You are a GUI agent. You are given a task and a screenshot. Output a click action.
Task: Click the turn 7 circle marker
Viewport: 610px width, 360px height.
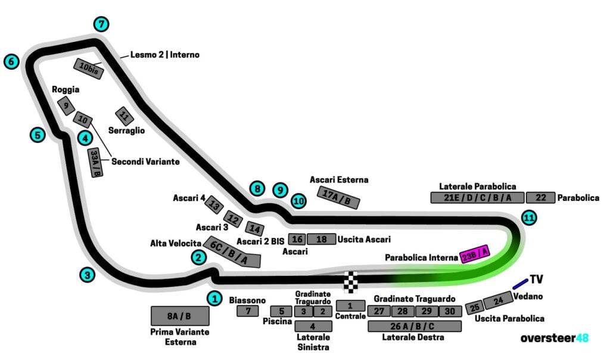tap(102, 24)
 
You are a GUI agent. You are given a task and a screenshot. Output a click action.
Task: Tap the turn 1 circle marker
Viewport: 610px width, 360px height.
tap(214, 298)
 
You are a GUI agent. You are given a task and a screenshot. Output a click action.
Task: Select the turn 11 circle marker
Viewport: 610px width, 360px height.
tap(528, 218)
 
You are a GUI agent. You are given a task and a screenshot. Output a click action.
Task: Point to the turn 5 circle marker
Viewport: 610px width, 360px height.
tap(38, 135)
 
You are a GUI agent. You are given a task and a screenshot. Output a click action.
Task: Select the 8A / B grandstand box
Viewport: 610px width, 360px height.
tap(179, 316)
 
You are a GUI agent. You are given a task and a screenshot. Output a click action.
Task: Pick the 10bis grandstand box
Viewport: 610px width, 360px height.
tap(89, 69)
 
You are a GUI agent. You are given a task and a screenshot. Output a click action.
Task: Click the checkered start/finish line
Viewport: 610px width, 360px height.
tap(352, 281)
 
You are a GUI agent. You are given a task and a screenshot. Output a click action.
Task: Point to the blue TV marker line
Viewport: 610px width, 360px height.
tap(519, 283)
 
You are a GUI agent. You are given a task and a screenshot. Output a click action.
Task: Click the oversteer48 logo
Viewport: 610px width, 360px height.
tap(554, 338)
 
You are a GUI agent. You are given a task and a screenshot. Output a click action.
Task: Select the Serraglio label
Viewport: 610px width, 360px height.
tap(126, 130)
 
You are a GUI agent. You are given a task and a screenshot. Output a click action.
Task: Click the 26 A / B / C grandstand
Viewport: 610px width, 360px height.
tap(415, 326)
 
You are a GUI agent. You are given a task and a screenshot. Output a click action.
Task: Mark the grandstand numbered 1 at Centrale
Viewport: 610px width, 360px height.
tap(350, 305)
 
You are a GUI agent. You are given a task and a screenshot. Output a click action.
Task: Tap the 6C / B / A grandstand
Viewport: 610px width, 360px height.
tap(232, 253)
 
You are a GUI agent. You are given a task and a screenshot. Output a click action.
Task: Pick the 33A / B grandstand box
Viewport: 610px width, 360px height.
tap(95, 163)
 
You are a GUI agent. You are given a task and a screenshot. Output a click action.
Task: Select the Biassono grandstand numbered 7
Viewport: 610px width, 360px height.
tap(248, 311)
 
